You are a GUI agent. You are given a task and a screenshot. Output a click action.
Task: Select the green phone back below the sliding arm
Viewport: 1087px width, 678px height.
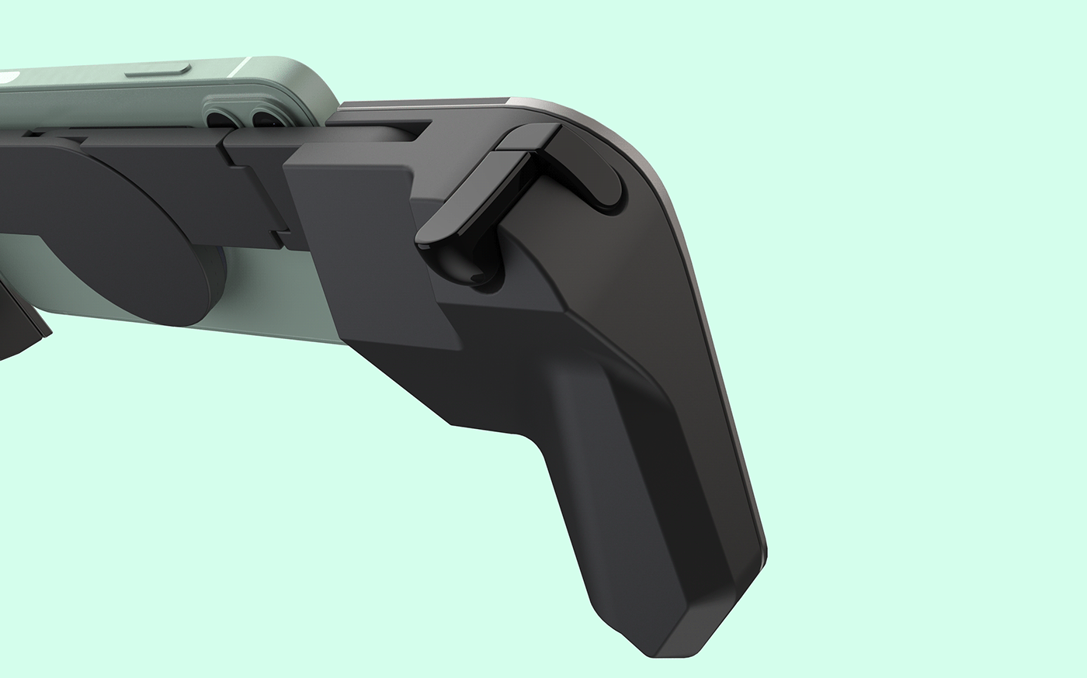tap(256, 310)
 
